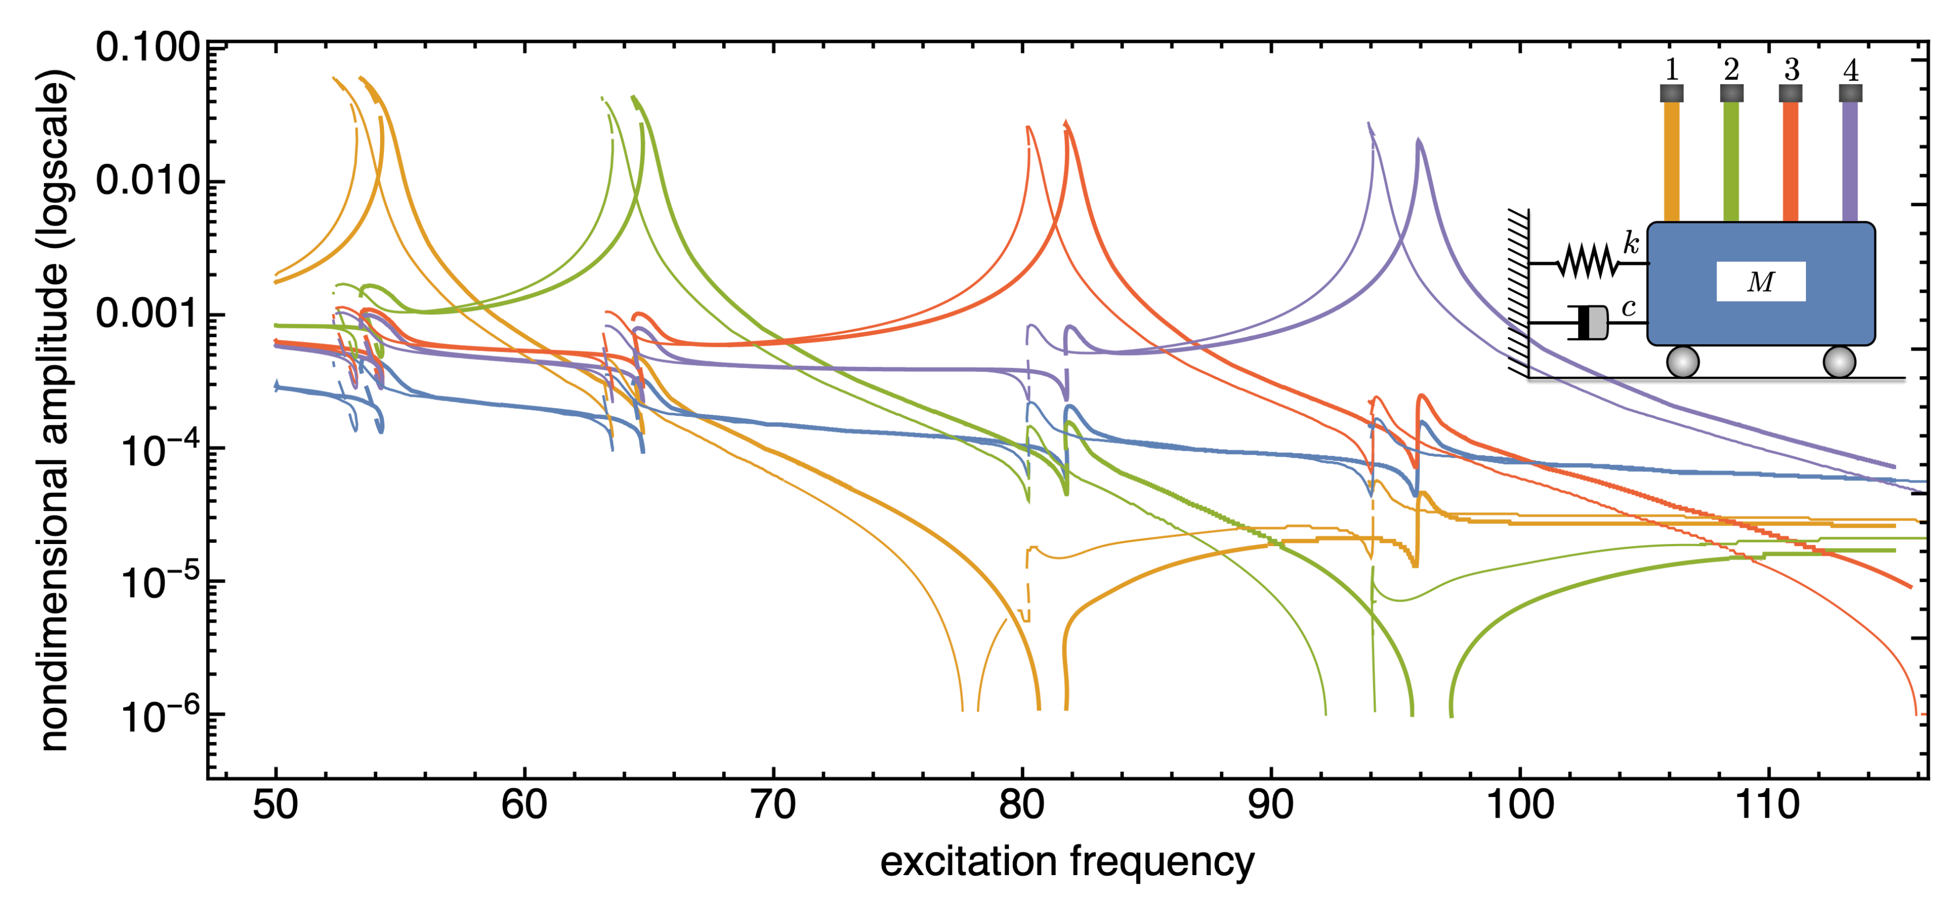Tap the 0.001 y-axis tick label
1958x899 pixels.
point(147,313)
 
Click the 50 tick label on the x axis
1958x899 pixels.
point(275,805)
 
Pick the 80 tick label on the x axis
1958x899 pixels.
point(1021,805)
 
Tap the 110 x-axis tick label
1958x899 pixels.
point(1767,805)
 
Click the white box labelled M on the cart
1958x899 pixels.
point(1760,282)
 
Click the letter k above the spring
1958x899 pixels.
point(1631,243)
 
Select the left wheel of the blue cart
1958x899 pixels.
point(1682,362)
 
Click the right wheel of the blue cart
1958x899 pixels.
point(1840,362)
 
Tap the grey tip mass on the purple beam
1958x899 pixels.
point(1850,93)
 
